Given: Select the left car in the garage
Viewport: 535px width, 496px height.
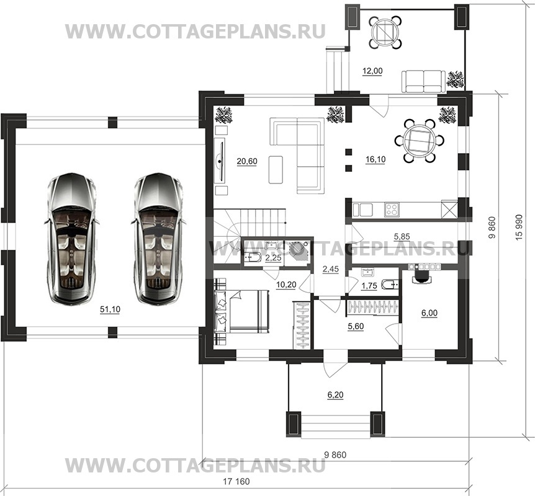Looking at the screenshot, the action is (71, 238).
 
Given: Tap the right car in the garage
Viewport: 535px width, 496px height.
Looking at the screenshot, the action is (158, 238).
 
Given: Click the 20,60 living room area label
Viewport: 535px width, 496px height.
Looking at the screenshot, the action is (247, 161).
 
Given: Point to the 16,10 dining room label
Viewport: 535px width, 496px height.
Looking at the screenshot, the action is (375, 159).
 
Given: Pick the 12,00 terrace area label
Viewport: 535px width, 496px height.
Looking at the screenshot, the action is (372, 71).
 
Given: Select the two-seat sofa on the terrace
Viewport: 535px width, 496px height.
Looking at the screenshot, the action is (423, 81).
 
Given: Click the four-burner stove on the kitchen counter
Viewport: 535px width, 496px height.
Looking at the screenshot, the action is (391, 210).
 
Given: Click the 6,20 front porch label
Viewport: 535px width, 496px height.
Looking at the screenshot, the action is (335, 395).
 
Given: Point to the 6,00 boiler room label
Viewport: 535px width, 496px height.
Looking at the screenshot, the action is (429, 312).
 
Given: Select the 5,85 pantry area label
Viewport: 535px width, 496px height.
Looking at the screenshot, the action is (402, 236).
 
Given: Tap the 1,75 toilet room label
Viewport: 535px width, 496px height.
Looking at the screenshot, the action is (369, 285).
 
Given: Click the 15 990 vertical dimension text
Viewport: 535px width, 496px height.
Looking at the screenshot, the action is (519, 228).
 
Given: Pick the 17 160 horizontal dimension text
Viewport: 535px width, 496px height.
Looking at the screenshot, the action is (236, 482).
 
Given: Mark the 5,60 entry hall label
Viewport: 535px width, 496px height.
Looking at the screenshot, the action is (356, 326).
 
